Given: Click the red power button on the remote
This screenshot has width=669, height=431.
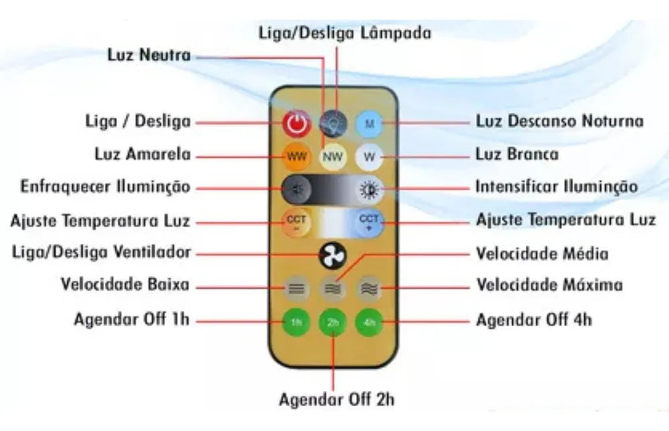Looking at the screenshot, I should coord(296,123).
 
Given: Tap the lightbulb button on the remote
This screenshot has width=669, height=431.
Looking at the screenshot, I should coord(333,123).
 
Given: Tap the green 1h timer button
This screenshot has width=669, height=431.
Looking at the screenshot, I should coord(296,322).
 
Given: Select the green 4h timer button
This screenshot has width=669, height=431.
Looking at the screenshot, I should coord(369,322).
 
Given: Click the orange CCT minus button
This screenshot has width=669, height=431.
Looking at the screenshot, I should coord(296,222).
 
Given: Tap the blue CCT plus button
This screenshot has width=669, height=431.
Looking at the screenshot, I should coord(369,222).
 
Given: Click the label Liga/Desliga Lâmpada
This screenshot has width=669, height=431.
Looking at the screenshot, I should coord(345,32).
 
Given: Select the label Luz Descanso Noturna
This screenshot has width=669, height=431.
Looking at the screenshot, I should coord(559,121).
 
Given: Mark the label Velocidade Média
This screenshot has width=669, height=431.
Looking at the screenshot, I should coord(542,254).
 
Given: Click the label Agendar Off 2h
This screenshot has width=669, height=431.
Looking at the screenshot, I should coord(337,400).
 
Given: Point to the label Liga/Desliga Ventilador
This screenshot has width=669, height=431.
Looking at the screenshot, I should coord(102,252).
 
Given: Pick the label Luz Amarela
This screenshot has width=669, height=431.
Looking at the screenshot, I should coord(142,155).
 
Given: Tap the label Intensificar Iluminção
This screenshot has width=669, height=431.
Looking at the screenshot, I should coord(557,186).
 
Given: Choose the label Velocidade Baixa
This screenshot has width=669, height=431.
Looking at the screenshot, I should coord(124,285).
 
